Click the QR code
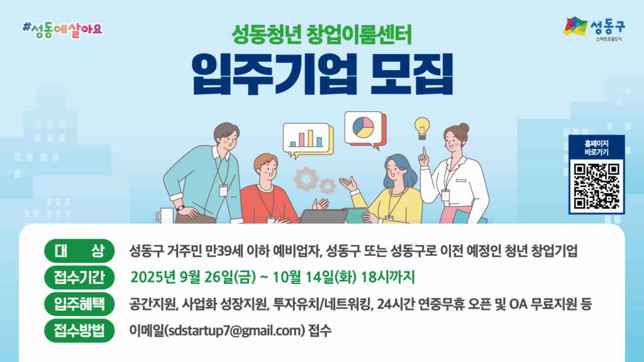click(596, 186)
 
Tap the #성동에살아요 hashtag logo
click(62, 30)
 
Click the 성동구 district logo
click(594, 28)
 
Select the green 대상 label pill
click(79, 250)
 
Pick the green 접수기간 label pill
click(79, 277)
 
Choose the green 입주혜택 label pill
click(79, 304)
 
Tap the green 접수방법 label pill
click(79, 331)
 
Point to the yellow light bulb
click(422, 128)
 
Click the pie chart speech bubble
click(365, 129)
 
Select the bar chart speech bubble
click(308, 139)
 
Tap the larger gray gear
click(306, 179)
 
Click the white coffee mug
click(165, 216)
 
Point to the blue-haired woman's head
click(397, 169)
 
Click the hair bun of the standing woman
click(464, 127)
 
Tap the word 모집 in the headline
click(411, 75)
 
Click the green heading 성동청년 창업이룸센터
click(321, 35)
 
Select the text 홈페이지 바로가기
click(596, 148)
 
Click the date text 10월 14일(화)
click(314, 277)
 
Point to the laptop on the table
click(323, 216)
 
